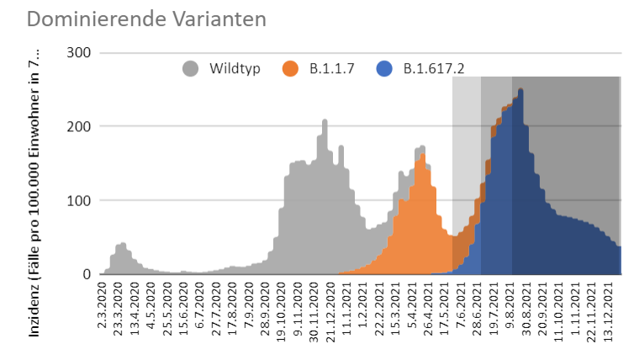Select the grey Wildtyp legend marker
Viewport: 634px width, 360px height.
pos(191,69)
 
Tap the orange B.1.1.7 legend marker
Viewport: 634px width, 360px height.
pos(293,69)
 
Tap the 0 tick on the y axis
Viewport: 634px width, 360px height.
pos(87,274)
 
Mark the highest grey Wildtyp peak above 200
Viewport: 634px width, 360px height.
pos(325,121)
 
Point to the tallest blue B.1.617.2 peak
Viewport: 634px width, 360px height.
pos(521,91)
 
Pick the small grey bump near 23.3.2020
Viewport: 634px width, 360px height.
pos(123,245)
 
